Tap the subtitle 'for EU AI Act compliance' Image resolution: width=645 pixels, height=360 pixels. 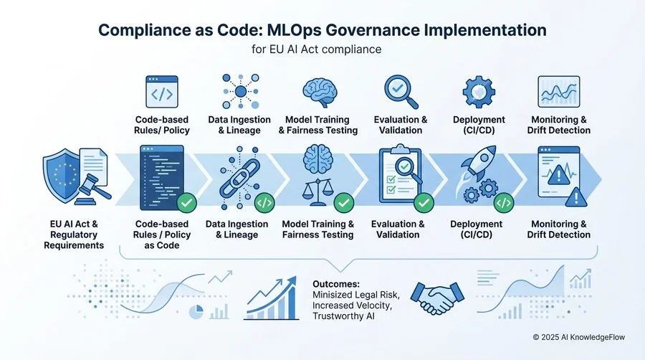pos(316,49)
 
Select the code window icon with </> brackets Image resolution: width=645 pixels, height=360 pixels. pos(162,91)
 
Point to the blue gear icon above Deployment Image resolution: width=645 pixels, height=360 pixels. pos(479,91)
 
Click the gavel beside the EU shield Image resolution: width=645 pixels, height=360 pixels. pos(92,189)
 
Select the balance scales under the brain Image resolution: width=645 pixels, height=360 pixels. pos(317,191)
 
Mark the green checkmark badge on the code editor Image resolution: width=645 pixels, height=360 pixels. pos(186,203)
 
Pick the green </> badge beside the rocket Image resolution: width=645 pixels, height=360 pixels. pos(504,203)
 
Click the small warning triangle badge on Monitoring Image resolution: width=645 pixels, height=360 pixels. pos(576,197)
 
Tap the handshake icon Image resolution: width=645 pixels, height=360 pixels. pos(438,297)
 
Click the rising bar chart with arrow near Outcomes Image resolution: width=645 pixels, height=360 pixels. pos(272,298)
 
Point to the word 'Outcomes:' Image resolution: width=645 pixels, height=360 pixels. pos(336,284)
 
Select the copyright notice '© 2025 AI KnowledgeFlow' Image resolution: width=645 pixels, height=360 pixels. pos(579,337)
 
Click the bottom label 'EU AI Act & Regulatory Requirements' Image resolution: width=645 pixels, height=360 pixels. pos(74,235)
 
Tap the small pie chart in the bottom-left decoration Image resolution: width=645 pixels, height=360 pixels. pos(196,312)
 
